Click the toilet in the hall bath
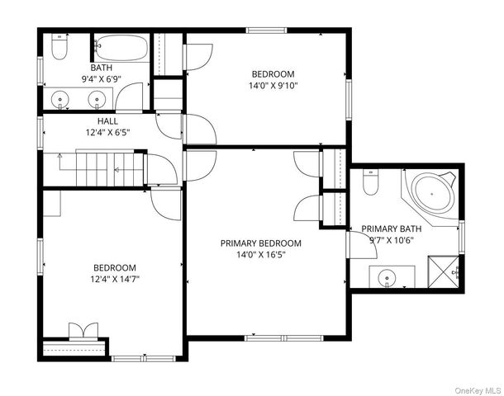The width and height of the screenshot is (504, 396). pyautogui.click(x=59, y=47)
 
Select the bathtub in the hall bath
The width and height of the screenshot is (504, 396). pyautogui.click(x=121, y=48)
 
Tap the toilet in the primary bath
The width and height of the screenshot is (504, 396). pyautogui.click(x=371, y=182)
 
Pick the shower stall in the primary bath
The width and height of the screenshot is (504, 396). pyautogui.click(x=444, y=271)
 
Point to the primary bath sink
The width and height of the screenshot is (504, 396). pyautogui.click(x=387, y=277)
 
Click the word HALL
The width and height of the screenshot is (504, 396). pyautogui.click(x=107, y=121)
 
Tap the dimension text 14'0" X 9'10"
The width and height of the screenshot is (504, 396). pyautogui.click(x=273, y=86)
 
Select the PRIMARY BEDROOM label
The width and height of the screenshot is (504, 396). pyautogui.click(x=261, y=243)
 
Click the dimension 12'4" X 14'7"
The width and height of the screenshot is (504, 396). pyautogui.click(x=115, y=279)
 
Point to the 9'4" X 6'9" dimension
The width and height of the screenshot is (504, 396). pyautogui.click(x=102, y=79)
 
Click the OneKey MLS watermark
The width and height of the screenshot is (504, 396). pyautogui.click(x=478, y=390)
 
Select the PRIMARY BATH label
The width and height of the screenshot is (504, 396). pyautogui.click(x=391, y=229)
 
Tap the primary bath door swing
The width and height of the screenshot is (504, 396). pyautogui.click(x=362, y=244)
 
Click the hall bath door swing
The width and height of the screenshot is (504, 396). pyautogui.click(x=129, y=97)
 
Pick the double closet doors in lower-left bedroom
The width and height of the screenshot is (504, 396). pyautogui.click(x=83, y=331)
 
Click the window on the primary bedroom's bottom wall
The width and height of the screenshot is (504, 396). pyautogui.click(x=284, y=338)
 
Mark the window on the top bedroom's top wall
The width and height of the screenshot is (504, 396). pyautogui.click(x=267, y=31)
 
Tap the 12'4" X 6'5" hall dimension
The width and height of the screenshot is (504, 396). pyautogui.click(x=107, y=133)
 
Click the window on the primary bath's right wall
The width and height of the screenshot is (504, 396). pyautogui.click(x=462, y=237)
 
